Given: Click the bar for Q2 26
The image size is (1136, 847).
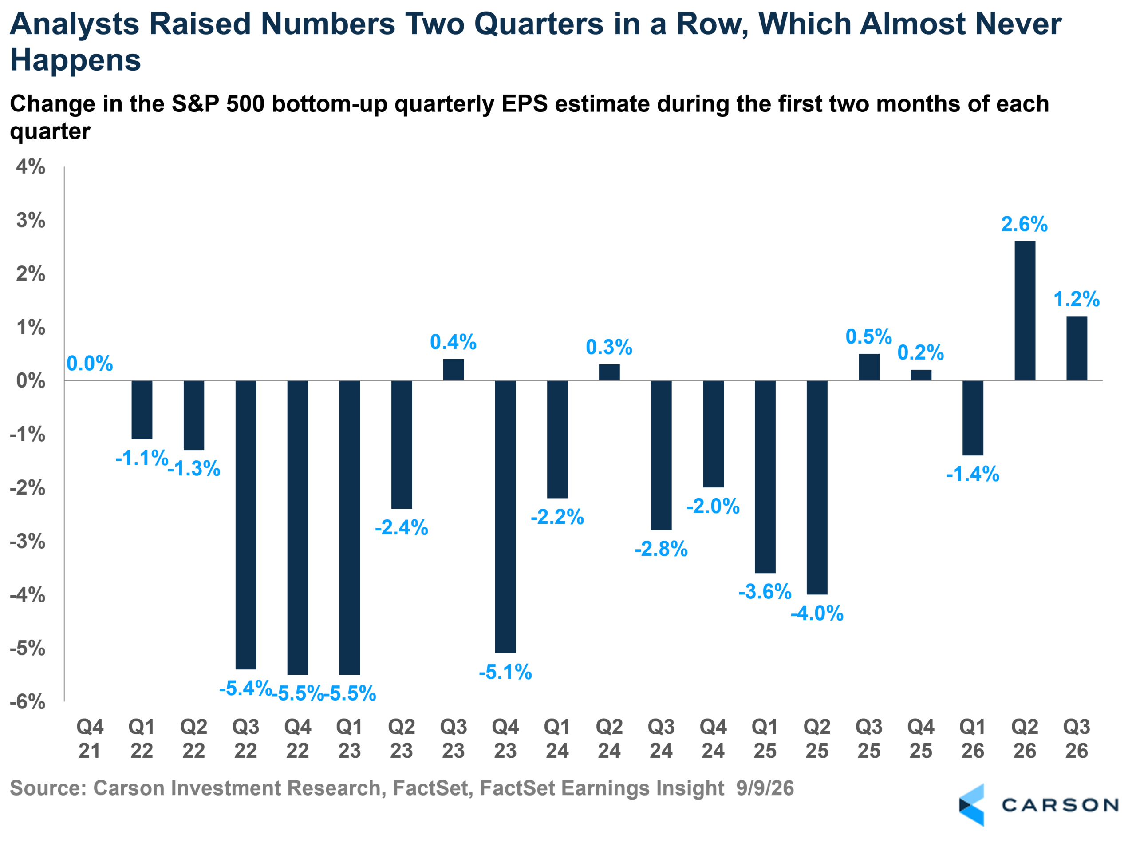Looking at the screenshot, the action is click(1024, 311).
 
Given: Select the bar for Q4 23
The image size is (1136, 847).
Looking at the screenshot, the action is click(505, 517).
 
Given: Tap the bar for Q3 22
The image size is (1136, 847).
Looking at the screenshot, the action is click(245, 525).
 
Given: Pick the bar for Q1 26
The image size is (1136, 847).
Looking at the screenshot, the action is click(973, 418).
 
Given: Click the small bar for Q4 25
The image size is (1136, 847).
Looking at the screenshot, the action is click(921, 375).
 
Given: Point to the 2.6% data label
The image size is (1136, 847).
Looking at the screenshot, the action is click(1024, 224).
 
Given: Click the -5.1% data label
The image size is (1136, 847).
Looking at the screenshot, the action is click(505, 672).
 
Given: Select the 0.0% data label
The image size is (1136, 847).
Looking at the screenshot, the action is click(90, 364).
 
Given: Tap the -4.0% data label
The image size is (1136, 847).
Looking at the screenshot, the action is click(817, 613).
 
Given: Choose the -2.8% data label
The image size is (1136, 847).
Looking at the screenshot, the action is click(661, 549).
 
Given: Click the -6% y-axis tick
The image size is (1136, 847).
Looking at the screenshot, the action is click(28, 701).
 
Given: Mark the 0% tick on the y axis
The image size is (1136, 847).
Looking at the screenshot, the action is click(31, 380).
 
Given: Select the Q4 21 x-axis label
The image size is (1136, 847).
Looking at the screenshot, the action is click(90, 739).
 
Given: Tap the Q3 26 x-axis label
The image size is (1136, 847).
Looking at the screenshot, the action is click(1076, 739).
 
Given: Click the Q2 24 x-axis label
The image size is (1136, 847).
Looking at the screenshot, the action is click(609, 739).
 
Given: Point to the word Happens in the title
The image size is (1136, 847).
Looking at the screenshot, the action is click(75, 60).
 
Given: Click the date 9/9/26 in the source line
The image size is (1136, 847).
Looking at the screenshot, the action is click(765, 788).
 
